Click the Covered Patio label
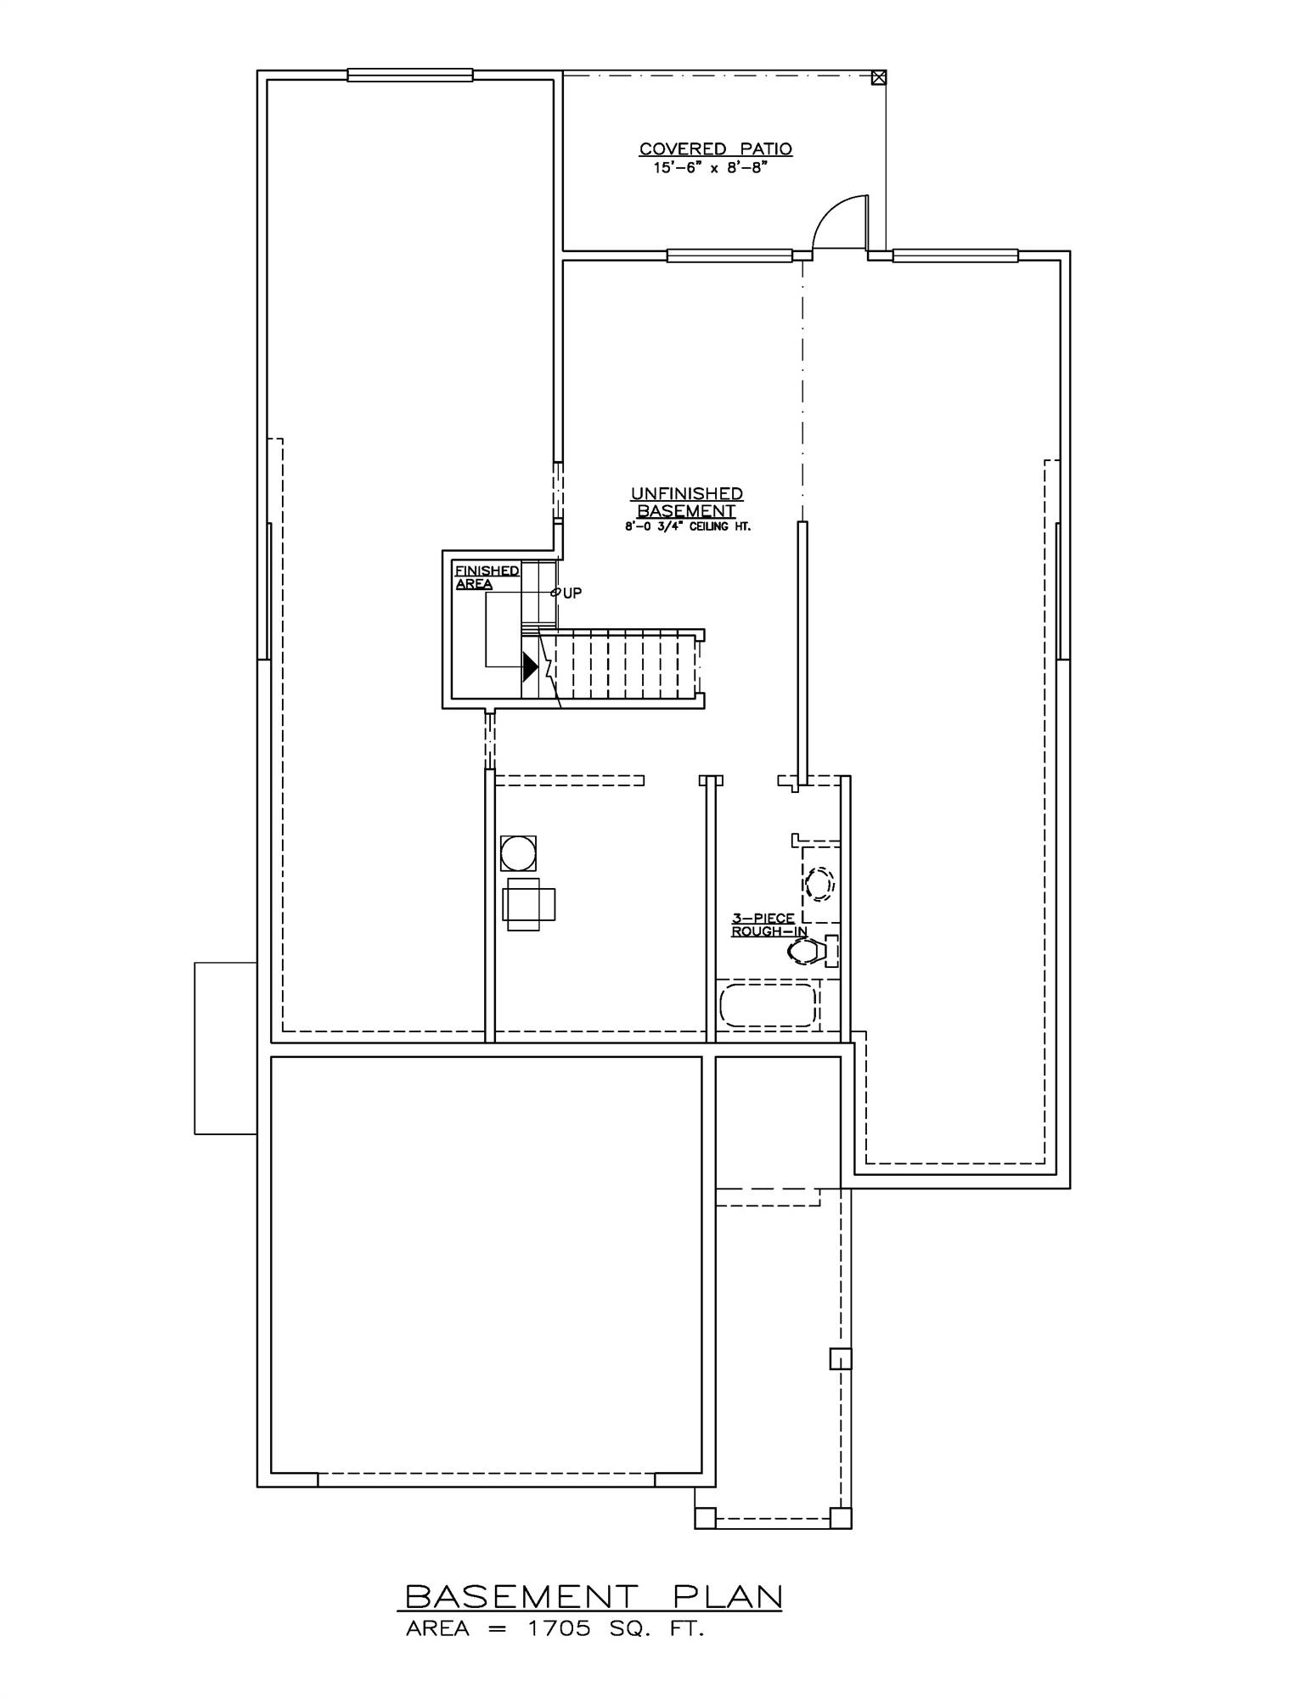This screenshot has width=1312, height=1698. point(715,149)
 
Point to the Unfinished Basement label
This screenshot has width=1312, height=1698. point(686,502)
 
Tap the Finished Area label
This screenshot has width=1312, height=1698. point(486,577)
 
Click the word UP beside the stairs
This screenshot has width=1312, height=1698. point(572,593)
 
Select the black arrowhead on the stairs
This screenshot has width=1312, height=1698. point(530,666)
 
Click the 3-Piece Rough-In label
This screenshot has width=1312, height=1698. point(767,925)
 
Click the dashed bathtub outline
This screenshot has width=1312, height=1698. point(768,1005)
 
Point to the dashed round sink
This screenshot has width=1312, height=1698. point(819,883)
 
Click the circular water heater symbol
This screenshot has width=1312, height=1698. point(518,852)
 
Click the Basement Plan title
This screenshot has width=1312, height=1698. point(592,1596)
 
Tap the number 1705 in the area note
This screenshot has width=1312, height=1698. point(557,1629)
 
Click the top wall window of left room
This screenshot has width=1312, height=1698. point(409,76)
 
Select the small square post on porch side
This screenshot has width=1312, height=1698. point(839,1358)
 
